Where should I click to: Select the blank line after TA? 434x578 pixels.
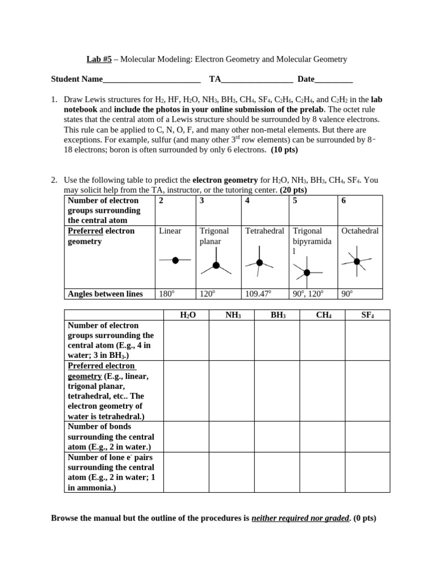257,80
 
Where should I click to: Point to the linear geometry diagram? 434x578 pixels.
175,260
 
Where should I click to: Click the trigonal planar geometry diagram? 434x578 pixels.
216,265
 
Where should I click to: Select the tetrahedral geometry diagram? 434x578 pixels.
259,263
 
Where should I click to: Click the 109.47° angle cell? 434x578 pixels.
259,294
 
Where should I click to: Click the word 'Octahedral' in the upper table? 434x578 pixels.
360,231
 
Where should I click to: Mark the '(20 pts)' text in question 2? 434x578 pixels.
293,190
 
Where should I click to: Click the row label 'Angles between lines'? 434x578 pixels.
105,294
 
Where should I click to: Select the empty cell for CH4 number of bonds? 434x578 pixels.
323,437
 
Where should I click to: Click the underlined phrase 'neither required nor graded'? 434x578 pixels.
301,518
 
